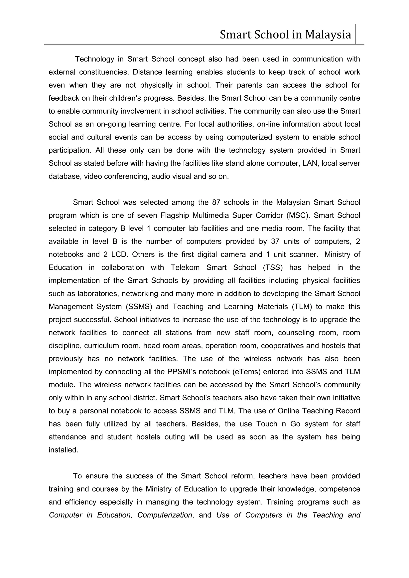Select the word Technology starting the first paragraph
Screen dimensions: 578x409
95,59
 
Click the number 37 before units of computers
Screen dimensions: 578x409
275,241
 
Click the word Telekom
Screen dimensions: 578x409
185,268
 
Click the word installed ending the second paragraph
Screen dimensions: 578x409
64,450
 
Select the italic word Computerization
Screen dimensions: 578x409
165,515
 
